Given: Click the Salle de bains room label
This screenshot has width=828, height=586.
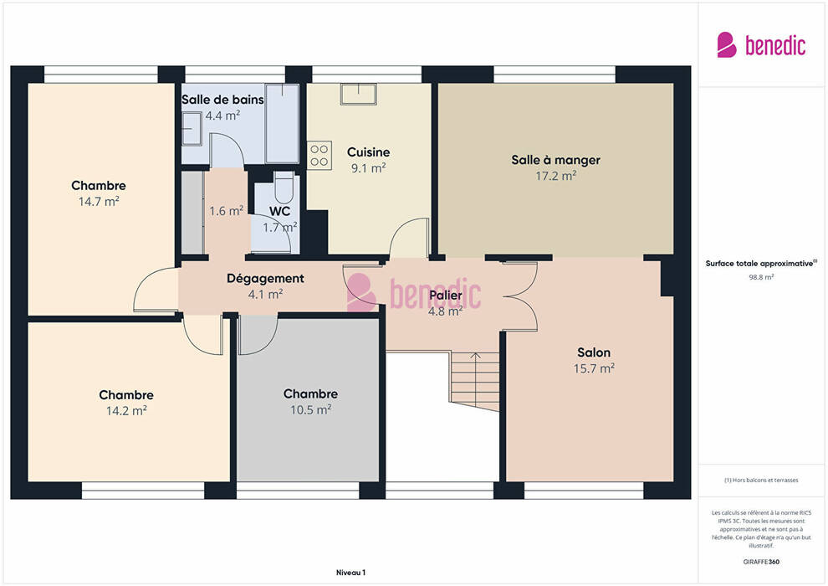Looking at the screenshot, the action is point(222,100).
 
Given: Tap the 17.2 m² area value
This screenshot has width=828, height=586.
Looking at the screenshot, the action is point(555,176).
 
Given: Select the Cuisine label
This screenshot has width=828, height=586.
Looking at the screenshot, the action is point(369,152).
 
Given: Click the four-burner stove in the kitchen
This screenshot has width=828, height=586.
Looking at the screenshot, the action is point(319,156).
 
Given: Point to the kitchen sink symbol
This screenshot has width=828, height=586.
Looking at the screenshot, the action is point(359,94).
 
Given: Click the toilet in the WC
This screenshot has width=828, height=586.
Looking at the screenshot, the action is point(284,187).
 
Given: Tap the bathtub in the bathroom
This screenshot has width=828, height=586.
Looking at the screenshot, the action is point(282,123).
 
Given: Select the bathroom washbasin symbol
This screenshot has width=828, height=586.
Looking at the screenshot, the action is point(192,128).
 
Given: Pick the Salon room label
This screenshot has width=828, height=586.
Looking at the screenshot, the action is point(594,352).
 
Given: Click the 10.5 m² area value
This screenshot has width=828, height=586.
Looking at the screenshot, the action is point(310,409).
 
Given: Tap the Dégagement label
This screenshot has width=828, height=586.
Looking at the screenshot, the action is point(265,279).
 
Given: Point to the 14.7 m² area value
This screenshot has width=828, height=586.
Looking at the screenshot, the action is point(99,201).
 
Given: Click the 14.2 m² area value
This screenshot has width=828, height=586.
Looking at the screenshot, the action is point(126,410).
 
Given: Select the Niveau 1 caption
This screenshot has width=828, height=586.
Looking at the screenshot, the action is point(350,573).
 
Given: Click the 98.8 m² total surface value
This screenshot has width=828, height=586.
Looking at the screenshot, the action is point(761,277).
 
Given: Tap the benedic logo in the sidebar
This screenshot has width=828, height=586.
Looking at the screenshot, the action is point(761,44).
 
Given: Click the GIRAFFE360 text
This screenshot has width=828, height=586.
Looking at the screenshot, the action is point(761,562).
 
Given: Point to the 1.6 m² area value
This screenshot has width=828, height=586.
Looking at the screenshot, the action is point(226,211).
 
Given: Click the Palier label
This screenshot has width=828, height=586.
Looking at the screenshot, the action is point(445,296).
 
